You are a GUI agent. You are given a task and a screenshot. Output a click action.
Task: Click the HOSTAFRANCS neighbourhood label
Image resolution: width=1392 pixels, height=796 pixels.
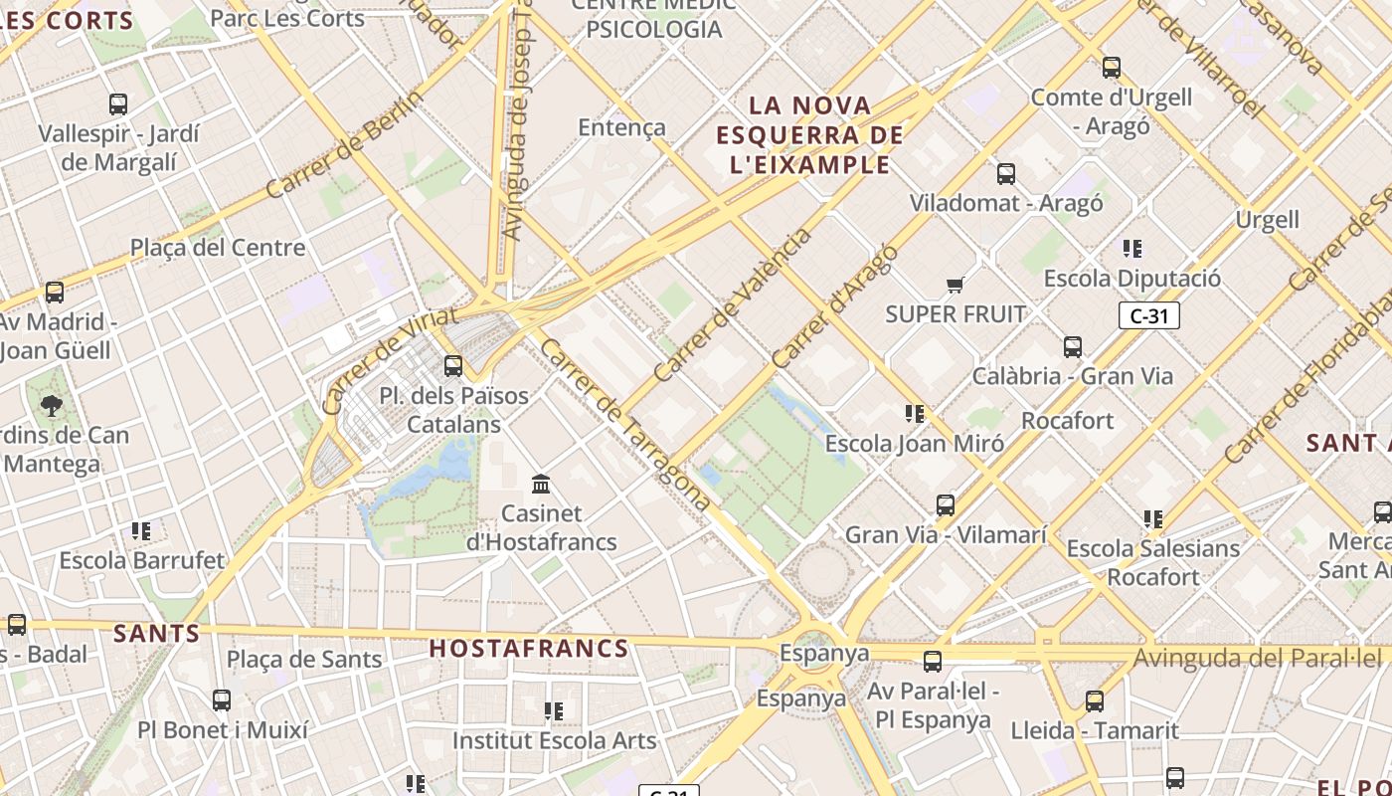point(529,649)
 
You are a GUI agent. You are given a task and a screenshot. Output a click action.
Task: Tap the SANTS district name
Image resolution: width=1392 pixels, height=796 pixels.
point(156,633)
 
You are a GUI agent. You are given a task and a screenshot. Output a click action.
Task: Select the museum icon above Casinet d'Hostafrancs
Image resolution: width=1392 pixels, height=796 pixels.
point(542,485)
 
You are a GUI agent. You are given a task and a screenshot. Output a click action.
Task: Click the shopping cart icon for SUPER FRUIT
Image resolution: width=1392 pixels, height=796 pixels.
point(956,286)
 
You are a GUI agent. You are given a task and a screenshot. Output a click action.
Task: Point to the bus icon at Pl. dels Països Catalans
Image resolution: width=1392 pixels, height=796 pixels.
point(453,365)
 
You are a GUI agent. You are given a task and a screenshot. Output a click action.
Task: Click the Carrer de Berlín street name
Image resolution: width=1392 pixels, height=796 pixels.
point(345,144)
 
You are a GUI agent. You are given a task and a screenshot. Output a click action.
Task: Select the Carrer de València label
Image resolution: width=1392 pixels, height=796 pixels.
point(733,306)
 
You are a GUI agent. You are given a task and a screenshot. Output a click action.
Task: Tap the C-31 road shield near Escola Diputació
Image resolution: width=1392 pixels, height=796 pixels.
point(1148,316)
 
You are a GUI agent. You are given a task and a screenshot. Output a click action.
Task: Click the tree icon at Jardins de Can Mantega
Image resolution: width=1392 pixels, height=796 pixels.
point(51,405)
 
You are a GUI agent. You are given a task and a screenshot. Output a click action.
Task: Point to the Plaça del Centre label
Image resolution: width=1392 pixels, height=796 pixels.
point(218,248)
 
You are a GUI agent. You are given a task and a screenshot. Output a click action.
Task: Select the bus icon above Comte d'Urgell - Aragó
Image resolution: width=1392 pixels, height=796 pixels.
point(1112,68)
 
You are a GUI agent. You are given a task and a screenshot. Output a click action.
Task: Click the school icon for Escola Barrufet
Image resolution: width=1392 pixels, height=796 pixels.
point(141,531)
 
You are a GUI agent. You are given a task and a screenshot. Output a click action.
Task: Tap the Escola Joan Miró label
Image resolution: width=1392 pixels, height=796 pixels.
point(915,444)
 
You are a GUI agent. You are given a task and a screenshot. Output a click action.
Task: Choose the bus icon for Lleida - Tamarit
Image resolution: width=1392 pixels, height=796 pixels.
point(1095,701)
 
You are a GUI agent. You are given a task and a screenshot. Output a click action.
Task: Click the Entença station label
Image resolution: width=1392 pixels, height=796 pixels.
point(621,127)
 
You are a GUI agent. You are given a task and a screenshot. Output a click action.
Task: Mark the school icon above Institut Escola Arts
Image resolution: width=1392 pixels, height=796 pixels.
point(554,711)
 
